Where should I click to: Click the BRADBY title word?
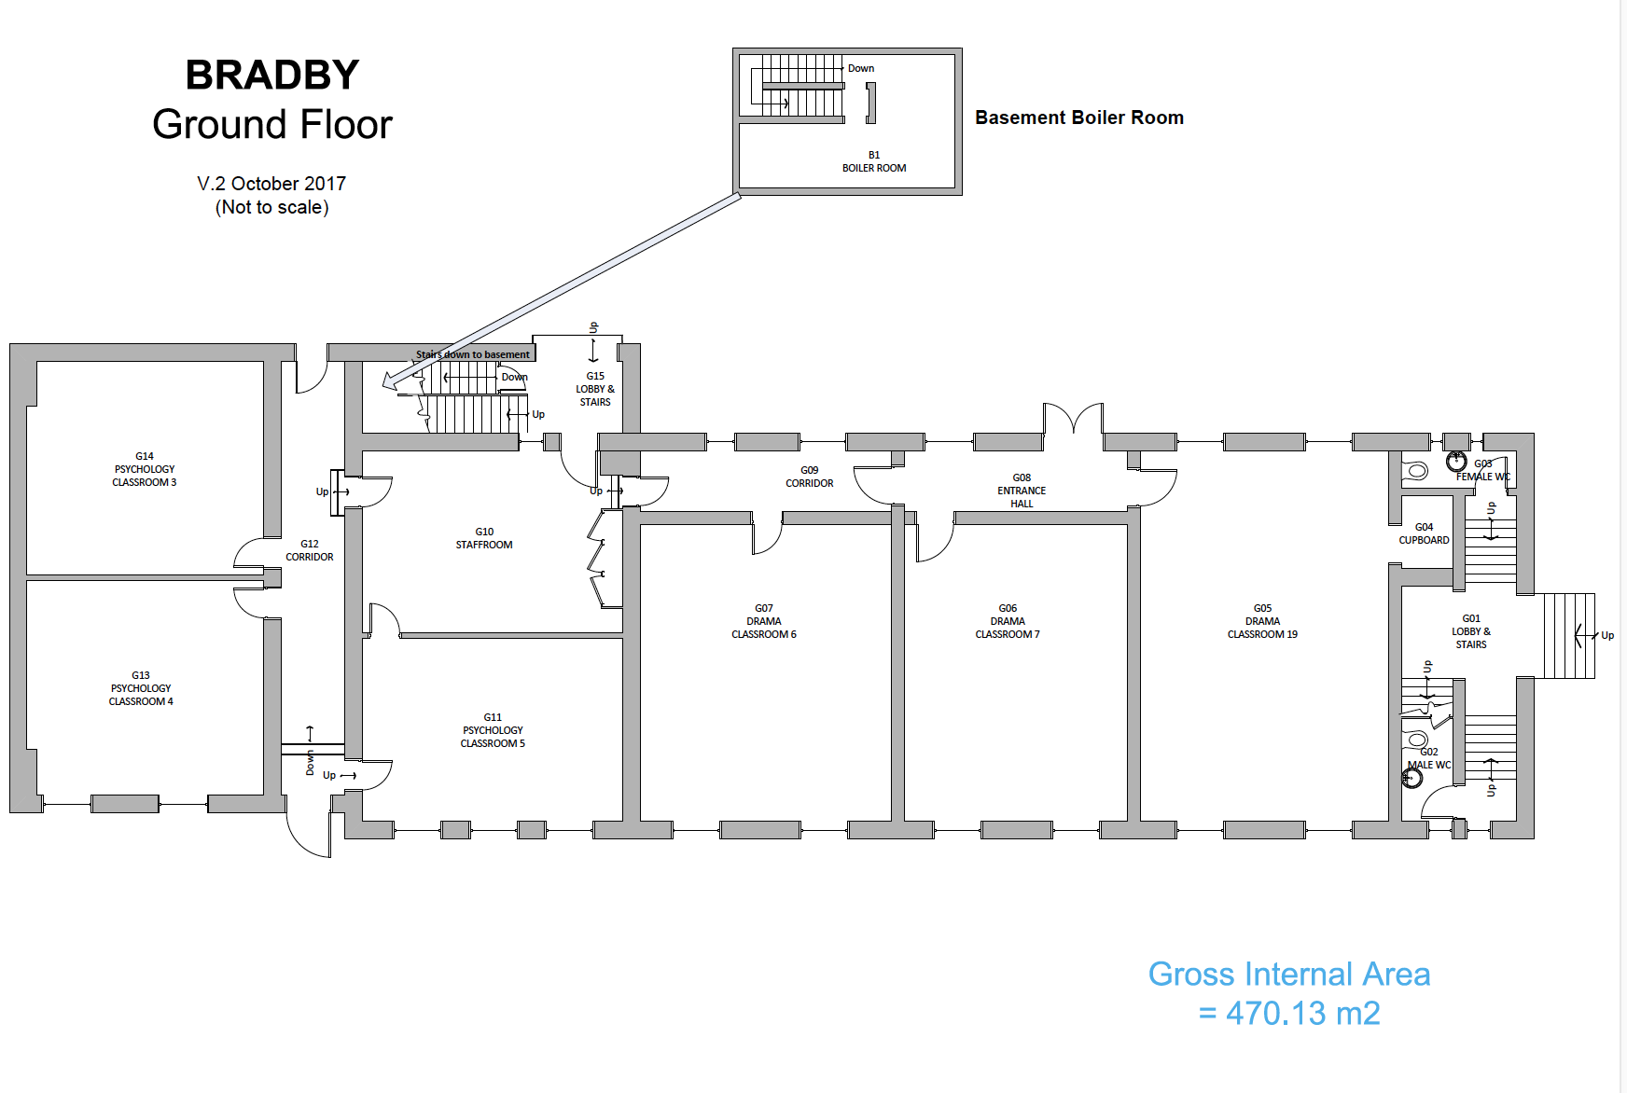(271, 76)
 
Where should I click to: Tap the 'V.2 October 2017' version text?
(271, 184)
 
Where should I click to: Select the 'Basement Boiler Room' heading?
(1079, 118)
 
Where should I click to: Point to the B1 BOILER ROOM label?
(874, 162)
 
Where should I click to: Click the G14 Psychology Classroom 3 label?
(145, 469)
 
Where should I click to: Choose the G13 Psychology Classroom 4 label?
(141, 688)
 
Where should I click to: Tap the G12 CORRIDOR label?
(310, 550)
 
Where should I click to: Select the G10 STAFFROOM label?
(484, 538)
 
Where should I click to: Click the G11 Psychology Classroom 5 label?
(493, 730)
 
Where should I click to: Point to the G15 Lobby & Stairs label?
(595, 389)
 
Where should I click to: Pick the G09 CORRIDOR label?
(810, 477)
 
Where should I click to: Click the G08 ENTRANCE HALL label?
(1022, 491)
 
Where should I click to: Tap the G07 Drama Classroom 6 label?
(764, 621)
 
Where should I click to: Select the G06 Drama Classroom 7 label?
(1008, 621)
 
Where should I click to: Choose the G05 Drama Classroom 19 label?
(1262, 621)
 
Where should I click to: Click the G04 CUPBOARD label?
(1424, 533)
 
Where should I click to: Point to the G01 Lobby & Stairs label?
(1471, 631)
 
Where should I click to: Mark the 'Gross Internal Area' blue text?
(1288, 975)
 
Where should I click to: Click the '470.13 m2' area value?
(1302, 1014)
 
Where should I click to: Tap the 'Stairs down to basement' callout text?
(473, 354)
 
